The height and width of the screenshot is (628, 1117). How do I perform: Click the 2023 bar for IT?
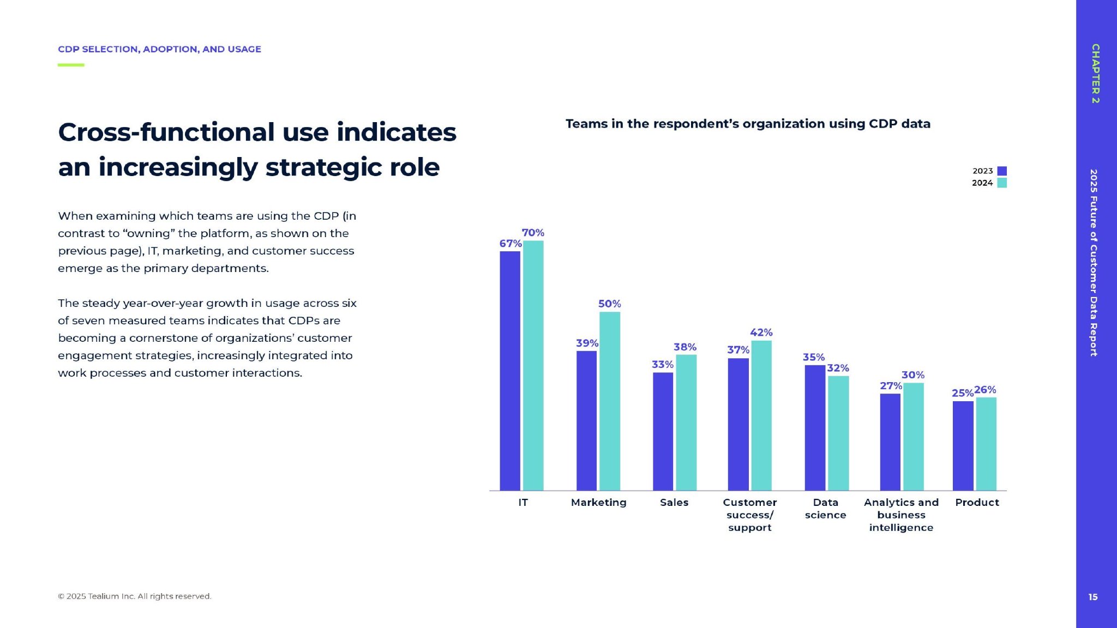point(510,371)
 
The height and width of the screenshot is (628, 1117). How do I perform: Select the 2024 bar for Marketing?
point(610,401)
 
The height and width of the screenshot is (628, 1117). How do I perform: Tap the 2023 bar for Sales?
point(663,431)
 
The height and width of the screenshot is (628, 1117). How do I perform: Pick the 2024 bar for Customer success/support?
point(761,415)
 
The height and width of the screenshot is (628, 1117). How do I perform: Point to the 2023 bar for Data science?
point(815,427)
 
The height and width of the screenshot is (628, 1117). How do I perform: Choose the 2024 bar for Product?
point(986,444)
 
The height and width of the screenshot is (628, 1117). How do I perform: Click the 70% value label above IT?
point(533,233)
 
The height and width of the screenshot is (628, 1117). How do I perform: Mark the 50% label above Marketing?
point(609,304)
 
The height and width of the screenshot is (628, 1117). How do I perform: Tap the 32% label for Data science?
point(838,368)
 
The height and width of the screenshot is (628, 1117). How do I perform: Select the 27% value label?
point(891,386)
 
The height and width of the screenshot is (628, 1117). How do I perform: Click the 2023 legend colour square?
point(1002,171)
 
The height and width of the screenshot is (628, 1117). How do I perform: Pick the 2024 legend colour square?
point(1002,183)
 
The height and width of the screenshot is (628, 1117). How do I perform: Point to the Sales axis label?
point(674,502)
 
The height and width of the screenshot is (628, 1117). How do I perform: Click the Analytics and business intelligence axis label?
point(901,515)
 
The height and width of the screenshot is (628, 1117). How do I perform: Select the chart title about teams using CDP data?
point(748,124)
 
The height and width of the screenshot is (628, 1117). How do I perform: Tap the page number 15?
point(1093,597)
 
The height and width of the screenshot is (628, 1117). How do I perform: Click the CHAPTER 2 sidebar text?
point(1095,74)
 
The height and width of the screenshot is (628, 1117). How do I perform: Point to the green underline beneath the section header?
point(71,65)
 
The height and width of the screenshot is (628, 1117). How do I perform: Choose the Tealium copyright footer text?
point(135,596)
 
